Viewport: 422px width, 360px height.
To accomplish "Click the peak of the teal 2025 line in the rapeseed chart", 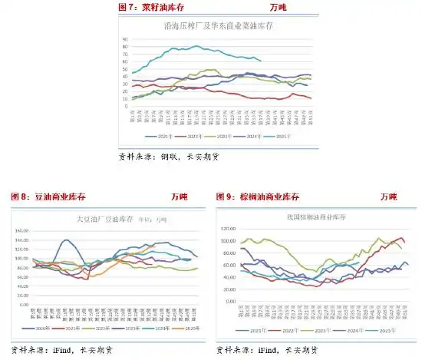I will tap(197, 46).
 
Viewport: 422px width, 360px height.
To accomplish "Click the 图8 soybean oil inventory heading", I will tap(41, 197).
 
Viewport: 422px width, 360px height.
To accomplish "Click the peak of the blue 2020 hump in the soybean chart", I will tap(67, 240).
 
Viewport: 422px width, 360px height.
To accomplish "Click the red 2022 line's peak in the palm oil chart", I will tap(401, 238).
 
